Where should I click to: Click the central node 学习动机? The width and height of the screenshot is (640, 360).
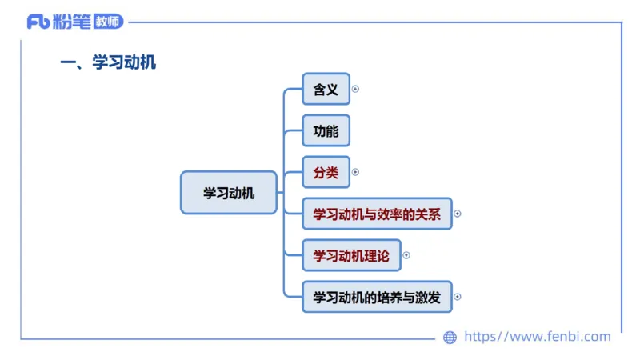[229, 193]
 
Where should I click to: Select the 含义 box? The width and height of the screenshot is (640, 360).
[326, 90]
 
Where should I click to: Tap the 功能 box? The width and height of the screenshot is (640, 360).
[326, 131]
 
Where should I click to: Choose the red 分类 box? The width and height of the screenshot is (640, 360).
[326, 172]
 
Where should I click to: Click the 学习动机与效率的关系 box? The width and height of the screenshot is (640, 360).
[377, 214]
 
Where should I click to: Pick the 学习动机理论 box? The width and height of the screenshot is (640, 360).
[351, 255]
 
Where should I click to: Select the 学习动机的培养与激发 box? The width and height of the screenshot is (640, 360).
[377, 297]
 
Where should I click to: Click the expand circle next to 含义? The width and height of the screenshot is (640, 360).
[355, 90]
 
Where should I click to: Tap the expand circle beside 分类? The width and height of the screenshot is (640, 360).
[355, 172]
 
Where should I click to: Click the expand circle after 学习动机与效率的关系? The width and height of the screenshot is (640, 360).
[458, 214]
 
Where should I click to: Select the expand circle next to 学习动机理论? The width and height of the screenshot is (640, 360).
[406, 255]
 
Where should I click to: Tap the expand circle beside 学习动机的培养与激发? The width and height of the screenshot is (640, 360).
[458, 297]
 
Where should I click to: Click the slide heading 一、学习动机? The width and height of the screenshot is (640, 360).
[108, 63]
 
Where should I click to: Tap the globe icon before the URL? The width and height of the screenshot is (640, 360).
[450, 338]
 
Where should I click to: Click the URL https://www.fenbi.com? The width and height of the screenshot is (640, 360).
[537, 337]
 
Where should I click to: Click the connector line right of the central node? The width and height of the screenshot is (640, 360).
[281, 193]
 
